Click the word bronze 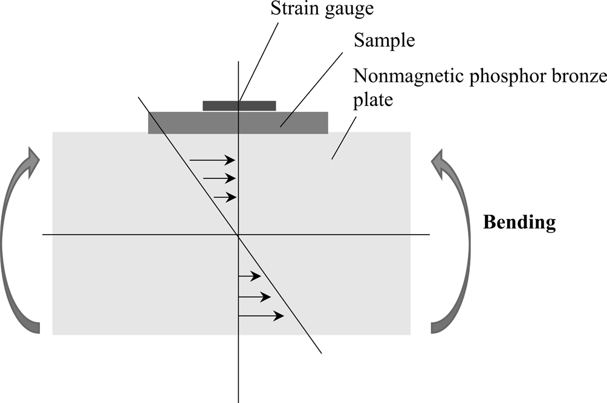[x=569, y=77]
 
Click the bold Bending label [x=519, y=222]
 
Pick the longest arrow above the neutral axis [x=212, y=160]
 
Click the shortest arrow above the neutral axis [x=224, y=197]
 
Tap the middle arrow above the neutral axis [x=219, y=179]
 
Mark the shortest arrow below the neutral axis [x=250, y=276]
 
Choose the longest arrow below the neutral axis [x=261, y=316]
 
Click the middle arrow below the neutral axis [x=255, y=297]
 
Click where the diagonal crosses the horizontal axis [x=238, y=234]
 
